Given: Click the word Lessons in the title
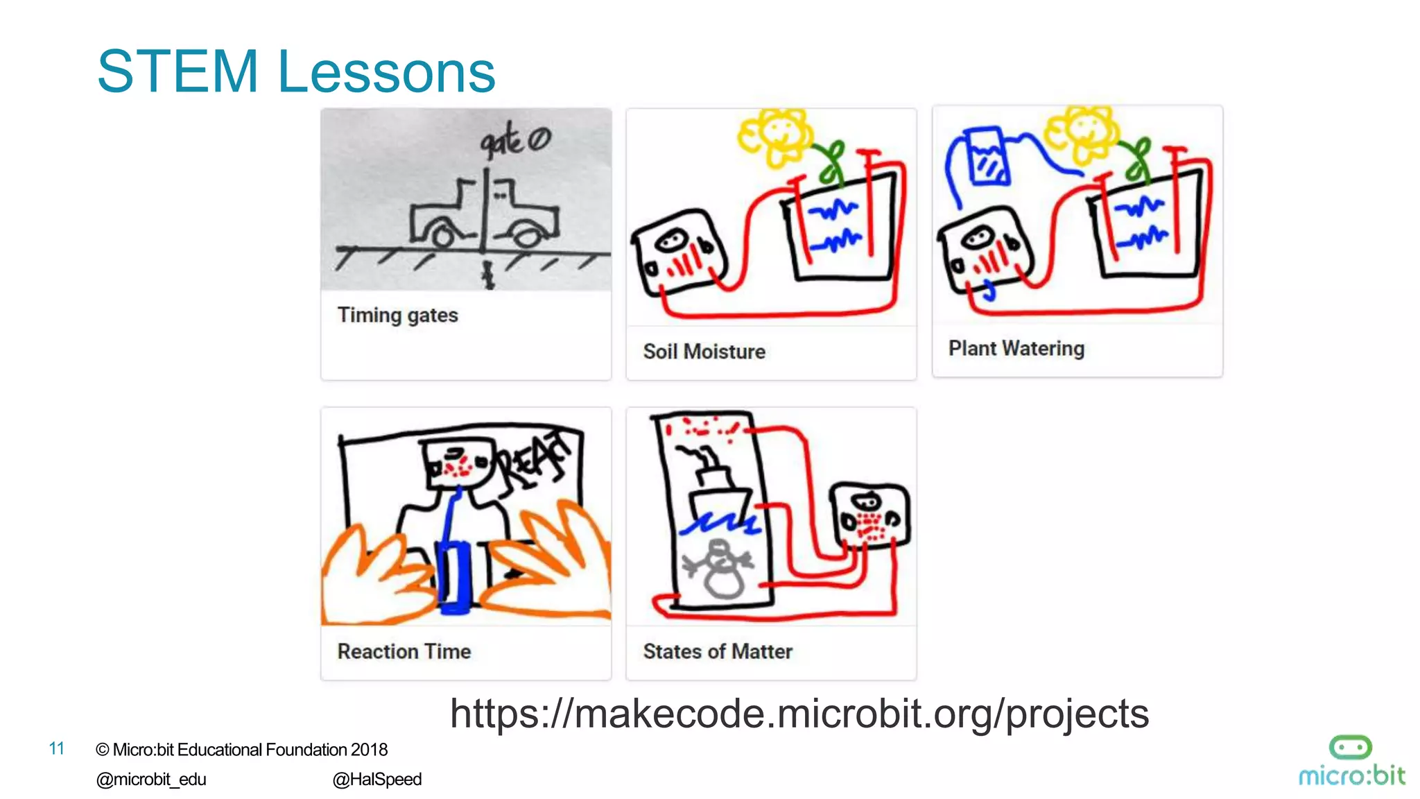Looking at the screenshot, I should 386,73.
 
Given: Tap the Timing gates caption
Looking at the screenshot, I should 397,316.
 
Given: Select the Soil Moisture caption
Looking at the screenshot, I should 704,352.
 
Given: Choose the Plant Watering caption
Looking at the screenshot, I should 1016,348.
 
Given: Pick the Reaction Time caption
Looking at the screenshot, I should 404,651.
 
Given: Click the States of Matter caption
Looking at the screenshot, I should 717,651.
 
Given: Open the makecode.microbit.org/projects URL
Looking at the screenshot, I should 799,714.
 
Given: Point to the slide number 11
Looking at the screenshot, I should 57,748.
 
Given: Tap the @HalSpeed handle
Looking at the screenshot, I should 376,780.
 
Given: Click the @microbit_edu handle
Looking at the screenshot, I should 151,780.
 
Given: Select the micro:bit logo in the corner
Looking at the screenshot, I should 1351,762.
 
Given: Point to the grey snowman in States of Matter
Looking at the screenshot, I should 721,569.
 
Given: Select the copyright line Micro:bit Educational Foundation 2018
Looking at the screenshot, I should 241,750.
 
